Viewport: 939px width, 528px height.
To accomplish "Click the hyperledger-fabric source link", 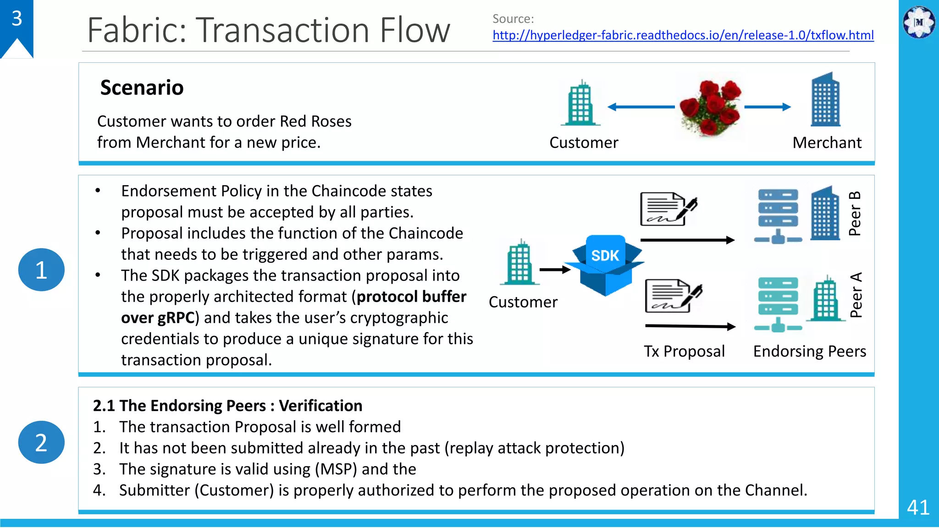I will (683, 35).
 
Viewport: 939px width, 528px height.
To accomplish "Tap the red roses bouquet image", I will (710, 107).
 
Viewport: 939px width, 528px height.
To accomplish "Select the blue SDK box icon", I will (605, 265).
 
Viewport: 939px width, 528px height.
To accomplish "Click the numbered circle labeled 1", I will (41, 269).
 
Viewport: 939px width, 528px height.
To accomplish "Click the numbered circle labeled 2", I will (41, 442).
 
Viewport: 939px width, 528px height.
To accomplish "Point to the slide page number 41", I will (918, 507).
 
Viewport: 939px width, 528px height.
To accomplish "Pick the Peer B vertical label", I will (855, 214).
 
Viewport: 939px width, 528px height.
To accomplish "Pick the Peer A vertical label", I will (856, 295).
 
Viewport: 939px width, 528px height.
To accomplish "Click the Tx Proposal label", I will (684, 351).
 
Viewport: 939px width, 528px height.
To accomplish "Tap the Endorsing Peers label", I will (809, 351).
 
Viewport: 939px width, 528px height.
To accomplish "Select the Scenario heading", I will (142, 88).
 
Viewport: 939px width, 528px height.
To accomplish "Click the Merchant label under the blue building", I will (827, 143).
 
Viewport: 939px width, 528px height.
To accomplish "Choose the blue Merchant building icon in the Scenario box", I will (825, 99).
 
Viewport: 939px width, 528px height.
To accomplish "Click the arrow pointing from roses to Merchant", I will (767, 107).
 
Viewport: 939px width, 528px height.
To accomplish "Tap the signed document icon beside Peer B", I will (668, 209).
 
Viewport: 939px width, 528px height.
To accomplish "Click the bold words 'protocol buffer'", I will (411, 297).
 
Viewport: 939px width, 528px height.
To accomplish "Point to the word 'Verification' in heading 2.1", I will (320, 406).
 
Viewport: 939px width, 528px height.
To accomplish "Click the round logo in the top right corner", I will (919, 22).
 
